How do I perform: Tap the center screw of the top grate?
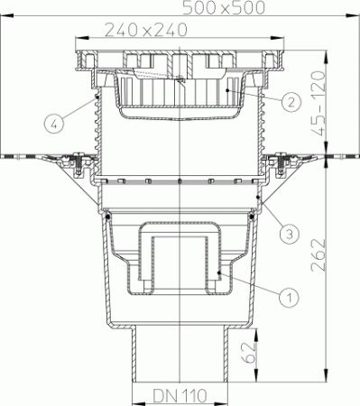pyautogui.click(x=180, y=79)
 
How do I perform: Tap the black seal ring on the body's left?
pyautogui.click(x=107, y=216)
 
